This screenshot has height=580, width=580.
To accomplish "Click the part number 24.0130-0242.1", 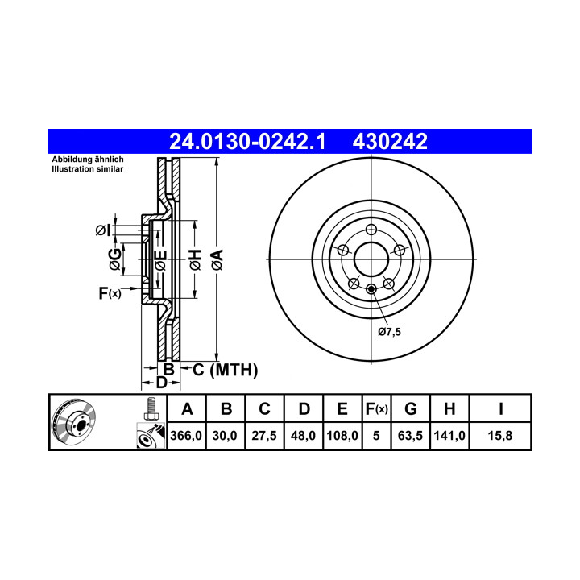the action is [247, 142].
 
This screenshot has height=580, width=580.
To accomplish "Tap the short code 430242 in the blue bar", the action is [390, 142].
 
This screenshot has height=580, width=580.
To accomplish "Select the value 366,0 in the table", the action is [186, 436].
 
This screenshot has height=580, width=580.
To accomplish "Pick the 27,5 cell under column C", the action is [264, 436].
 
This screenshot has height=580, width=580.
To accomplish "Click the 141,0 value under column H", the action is [449, 436].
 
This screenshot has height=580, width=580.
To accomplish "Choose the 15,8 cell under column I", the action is [500, 436].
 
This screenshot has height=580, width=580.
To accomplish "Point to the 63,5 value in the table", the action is [410, 436].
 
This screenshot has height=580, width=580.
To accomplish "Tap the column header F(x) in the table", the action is [376, 409].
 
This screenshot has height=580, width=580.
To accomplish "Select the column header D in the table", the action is [304, 409].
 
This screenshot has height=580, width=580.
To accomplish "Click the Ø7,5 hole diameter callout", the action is [389, 332].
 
